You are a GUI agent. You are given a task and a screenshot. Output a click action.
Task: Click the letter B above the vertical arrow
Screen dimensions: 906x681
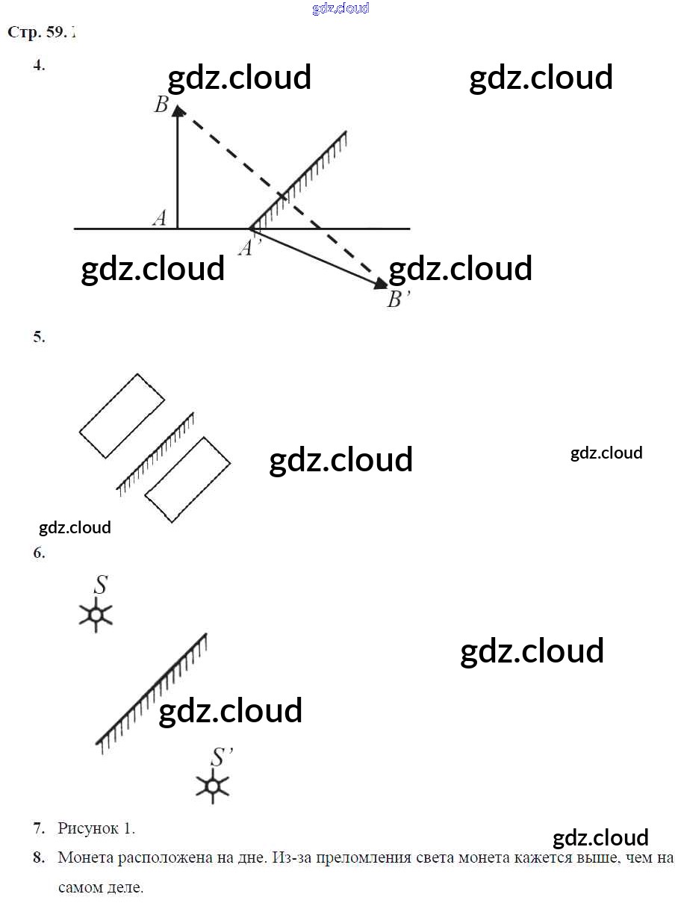click(x=161, y=105)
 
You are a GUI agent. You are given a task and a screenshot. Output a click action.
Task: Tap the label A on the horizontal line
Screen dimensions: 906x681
click(x=160, y=218)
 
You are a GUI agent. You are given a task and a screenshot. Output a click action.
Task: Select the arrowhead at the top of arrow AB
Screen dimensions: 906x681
click(x=178, y=111)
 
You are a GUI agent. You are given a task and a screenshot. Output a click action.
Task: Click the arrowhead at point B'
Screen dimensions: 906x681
click(x=381, y=283)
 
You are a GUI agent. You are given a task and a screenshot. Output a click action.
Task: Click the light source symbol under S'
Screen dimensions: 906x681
click(x=212, y=786)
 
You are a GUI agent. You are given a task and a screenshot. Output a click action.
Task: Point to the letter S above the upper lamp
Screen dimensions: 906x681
click(x=99, y=585)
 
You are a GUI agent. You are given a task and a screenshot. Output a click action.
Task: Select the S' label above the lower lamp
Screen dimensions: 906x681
click(x=220, y=757)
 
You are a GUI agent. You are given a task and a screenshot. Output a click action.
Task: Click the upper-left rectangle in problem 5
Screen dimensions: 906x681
click(x=122, y=415)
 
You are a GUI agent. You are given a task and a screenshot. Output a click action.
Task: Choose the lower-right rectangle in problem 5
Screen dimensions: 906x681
click(x=187, y=480)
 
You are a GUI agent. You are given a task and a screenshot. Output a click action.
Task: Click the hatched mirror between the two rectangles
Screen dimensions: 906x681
click(x=155, y=453)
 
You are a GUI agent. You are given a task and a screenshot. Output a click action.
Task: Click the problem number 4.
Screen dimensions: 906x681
click(x=39, y=65)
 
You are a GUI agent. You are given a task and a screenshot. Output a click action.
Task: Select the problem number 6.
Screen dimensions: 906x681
click(x=39, y=553)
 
